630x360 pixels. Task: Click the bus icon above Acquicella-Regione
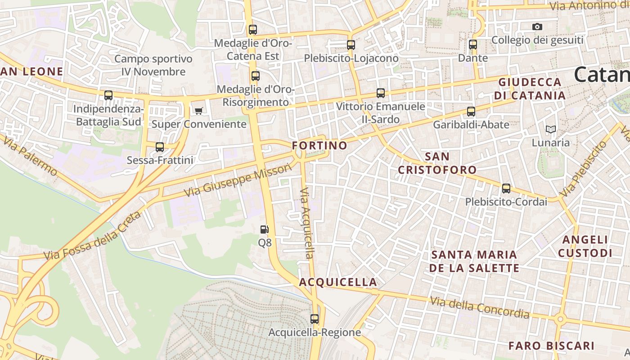pyautogui.click(x=315, y=319)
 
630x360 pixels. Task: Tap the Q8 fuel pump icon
pyautogui.click(x=265, y=229)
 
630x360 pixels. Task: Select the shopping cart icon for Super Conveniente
pyautogui.click(x=198, y=111)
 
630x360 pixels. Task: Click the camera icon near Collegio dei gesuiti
pyautogui.click(x=537, y=27)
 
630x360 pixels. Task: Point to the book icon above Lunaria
pyautogui.click(x=551, y=130)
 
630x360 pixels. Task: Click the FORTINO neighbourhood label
pyautogui.click(x=319, y=146)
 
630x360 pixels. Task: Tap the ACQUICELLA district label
pyautogui.click(x=338, y=282)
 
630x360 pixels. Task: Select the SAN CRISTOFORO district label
pyautogui.click(x=437, y=163)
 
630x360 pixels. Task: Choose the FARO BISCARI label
pyautogui.click(x=551, y=346)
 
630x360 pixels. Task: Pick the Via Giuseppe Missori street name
pyautogui.click(x=238, y=181)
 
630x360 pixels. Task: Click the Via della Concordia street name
pyautogui.click(x=480, y=307)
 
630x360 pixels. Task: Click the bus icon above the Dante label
pyautogui.click(x=472, y=45)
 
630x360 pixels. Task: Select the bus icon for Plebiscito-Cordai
pyautogui.click(x=506, y=189)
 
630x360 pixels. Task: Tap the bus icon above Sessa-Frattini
pyautogui.click(x=160, y=147)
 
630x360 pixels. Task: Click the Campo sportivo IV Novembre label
pyautogui.click(x=153, y=65)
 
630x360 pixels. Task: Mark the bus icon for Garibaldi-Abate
pyautogui.click(x=471, y=112)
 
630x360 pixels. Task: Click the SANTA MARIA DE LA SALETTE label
pyautogui.click(x=474, y=261)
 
